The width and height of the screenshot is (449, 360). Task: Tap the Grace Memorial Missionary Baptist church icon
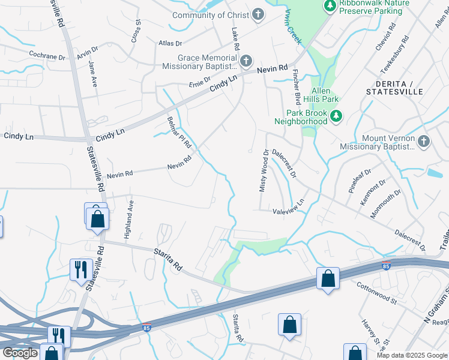246,61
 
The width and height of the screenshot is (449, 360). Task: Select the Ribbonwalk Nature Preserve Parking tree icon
330,6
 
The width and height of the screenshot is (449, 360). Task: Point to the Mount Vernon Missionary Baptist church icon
424,142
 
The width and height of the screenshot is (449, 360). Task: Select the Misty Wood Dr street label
262,171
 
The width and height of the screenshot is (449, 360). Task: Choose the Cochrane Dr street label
47,56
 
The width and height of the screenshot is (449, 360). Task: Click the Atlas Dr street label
170,43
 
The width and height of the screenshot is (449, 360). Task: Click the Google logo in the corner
20,353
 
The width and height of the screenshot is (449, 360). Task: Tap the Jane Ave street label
93,74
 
